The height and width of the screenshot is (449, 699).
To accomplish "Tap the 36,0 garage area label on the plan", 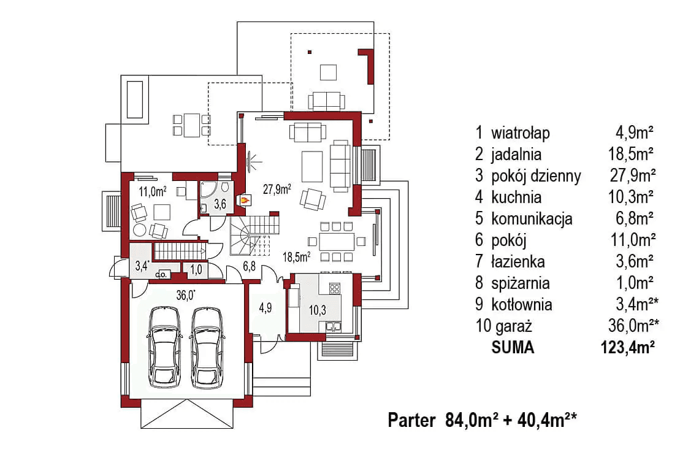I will [186, 295].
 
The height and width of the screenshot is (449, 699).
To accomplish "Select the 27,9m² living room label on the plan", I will [277, 188].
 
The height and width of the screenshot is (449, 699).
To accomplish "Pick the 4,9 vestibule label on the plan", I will [265, 308].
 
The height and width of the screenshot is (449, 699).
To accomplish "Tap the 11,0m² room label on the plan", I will [152, 191].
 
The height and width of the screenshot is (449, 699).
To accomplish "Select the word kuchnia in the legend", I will [516, 197].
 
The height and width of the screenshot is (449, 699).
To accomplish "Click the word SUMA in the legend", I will [513, 348].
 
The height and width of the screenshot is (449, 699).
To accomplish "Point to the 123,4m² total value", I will [626, 348].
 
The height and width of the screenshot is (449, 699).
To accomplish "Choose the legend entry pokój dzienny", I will [535, 176].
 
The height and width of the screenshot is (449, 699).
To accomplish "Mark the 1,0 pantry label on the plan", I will [197, 268].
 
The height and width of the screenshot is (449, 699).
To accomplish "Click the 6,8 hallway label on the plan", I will [248, 266].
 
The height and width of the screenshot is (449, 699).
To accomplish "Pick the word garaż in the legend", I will [510, 326].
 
